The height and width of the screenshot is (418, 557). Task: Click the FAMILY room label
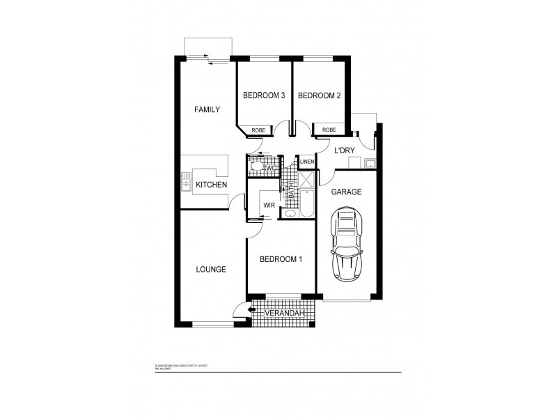[x=207, y=109]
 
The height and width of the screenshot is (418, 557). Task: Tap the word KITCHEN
[x=211, y=185]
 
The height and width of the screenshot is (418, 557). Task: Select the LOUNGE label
[x=210, y=269]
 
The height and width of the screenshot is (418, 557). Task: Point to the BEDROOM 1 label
[x=281, y=260]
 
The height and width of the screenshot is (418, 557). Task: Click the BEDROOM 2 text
[x=319, y=96]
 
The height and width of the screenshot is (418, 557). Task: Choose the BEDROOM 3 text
[x=264, y=96]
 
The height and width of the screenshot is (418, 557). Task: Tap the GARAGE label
[x=347, y=192]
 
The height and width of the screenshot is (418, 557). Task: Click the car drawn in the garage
[x=347, y=244]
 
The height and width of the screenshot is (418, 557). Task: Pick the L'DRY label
[x=345, y=150]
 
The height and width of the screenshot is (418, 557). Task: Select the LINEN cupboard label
[x=307, y=162]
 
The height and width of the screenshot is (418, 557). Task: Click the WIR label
[x=269, y=206]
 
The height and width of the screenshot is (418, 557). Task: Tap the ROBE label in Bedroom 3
[x=258, y=130]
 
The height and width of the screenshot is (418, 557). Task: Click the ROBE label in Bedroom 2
[x=329, y=130]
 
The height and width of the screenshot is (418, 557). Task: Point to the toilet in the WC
[x=256, y=168]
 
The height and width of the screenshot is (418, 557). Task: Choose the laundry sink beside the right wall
[x=370, y=164]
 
